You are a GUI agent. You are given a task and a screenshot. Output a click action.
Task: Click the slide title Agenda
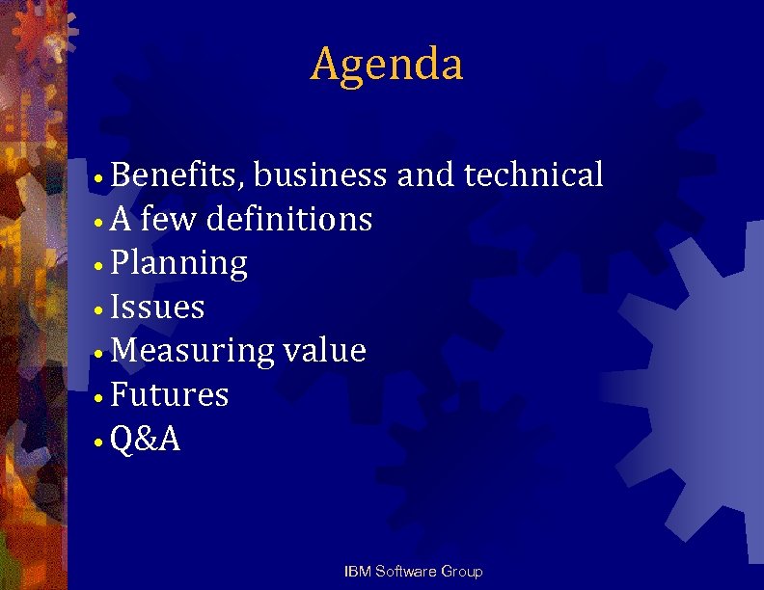click(387, 65)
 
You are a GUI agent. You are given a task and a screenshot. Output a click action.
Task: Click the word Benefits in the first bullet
click(180, 175)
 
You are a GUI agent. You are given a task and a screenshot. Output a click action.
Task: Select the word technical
click(533, 175)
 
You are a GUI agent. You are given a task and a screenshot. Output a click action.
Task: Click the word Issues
click(158, 308)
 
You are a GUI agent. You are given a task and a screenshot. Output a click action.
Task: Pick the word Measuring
click(193, 352)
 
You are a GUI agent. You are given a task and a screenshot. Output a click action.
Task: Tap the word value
click(325, 352)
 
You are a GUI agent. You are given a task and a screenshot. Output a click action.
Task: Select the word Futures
click(170, 395)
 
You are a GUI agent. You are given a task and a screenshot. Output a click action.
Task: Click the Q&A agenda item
click(146, 440)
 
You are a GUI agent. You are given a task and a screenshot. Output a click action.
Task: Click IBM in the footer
click(357, 572)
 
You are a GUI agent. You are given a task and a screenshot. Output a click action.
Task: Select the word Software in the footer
click(405, 572)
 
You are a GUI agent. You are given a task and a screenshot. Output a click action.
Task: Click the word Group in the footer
click(462, 572)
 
